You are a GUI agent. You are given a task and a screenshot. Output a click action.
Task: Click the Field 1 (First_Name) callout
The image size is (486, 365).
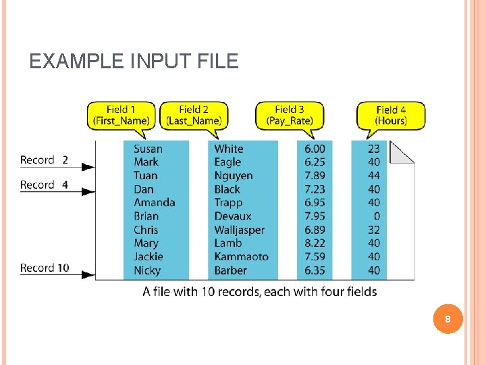[x=122, y=115]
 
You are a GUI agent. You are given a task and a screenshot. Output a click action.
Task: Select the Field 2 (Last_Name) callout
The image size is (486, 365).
[x=194, y=115]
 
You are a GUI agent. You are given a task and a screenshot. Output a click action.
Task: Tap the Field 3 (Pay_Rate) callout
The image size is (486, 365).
[x=290, y=115]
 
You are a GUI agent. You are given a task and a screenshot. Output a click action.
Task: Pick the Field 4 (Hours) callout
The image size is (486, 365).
[x=391, y=115]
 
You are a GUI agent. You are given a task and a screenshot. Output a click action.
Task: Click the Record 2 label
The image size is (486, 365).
[x=44, y=160]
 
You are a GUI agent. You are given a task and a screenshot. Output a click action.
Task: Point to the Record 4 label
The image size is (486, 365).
[x=44, y=185]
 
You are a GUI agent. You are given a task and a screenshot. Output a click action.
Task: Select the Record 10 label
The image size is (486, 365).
[x=45, y=268]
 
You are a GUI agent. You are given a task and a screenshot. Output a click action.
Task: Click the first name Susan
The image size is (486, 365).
[x=148, y=149]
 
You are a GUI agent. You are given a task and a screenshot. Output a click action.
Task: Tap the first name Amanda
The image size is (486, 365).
[x=154, y=202]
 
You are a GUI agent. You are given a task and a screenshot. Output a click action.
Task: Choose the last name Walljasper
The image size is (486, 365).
[x=239, y=230]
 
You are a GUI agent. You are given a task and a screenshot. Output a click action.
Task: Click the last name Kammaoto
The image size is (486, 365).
[x=241, y=257]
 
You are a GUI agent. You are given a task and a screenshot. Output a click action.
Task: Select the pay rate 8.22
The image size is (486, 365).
[x=315, y=243]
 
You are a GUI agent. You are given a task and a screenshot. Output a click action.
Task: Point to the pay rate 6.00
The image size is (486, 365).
[x=315, y=149]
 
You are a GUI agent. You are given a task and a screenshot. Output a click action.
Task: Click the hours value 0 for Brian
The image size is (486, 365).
[x=376, y=216]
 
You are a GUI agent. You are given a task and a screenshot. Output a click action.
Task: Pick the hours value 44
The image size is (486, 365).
[x=373, y=176]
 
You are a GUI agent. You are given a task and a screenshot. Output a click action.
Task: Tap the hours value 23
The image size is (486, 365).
[x=373, y=149]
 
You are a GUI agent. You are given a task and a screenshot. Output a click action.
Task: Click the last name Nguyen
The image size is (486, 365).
[x=234, y=176]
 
